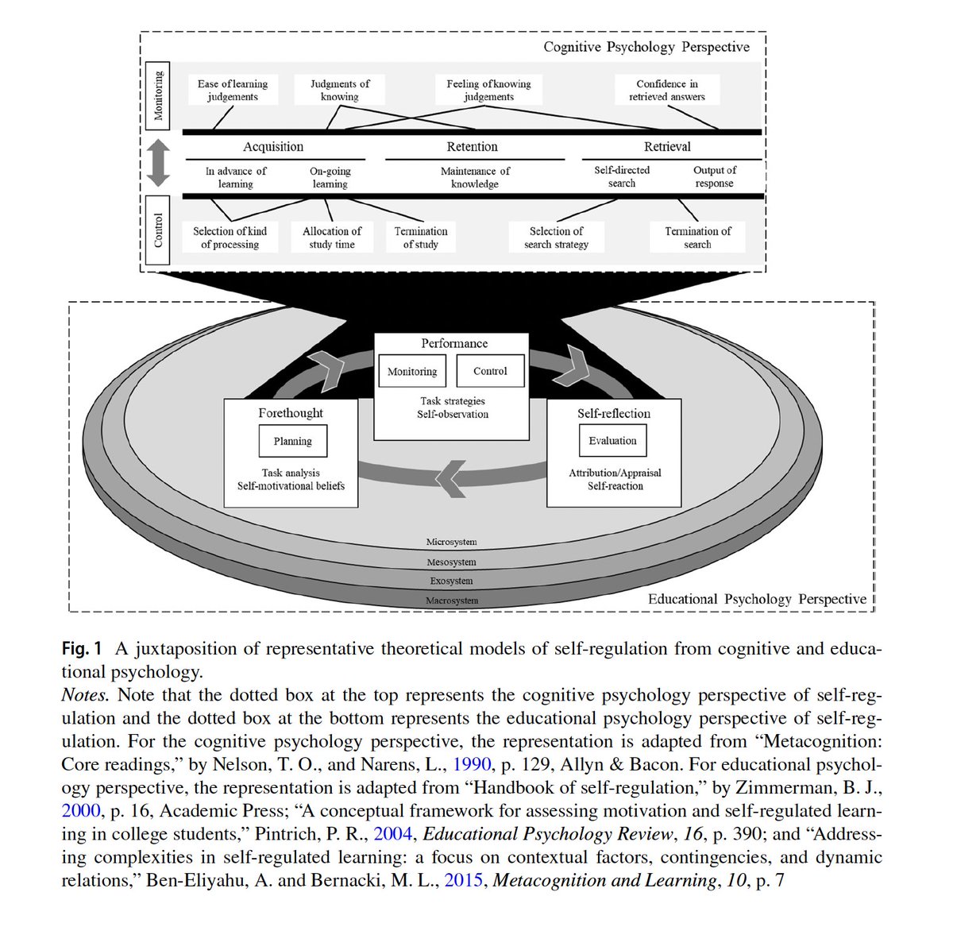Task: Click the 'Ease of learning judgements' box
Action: pos(233,90)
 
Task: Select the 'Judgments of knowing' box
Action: pos(340,90)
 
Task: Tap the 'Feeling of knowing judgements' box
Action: pos(488,90)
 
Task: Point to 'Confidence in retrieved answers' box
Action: pos(667,90)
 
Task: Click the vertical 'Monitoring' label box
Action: pos(159,95)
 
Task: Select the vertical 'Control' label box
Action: pos(159,230)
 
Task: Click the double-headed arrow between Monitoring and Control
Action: pos(159,163)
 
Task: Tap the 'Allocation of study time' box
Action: pos(332,238)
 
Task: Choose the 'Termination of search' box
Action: pos(697,238)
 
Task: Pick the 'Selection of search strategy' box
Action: pos(556,238)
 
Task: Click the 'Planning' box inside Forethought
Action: pos(293,442)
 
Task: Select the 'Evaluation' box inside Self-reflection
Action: pos(612,441)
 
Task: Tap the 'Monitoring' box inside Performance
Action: pos(412,371)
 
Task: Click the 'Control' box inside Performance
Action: pos(490,371)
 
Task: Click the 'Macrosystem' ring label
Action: pos(452,601)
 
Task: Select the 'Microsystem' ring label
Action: pos(452,542)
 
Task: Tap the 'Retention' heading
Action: pos(473,147)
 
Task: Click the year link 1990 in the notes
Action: pos(472,765)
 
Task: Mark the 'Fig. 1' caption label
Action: pos(82,649)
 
